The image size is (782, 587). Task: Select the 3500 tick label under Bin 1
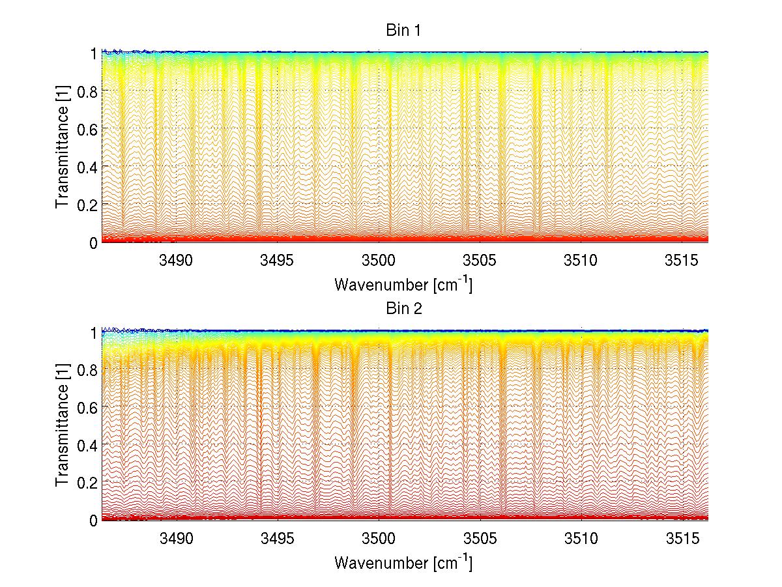[379, 261]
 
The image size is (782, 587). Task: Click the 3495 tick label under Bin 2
[278, 539]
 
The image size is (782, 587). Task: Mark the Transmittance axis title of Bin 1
[63, 147]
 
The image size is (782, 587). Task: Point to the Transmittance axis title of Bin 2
[63, 425]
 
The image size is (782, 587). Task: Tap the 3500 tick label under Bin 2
[379, 539]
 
